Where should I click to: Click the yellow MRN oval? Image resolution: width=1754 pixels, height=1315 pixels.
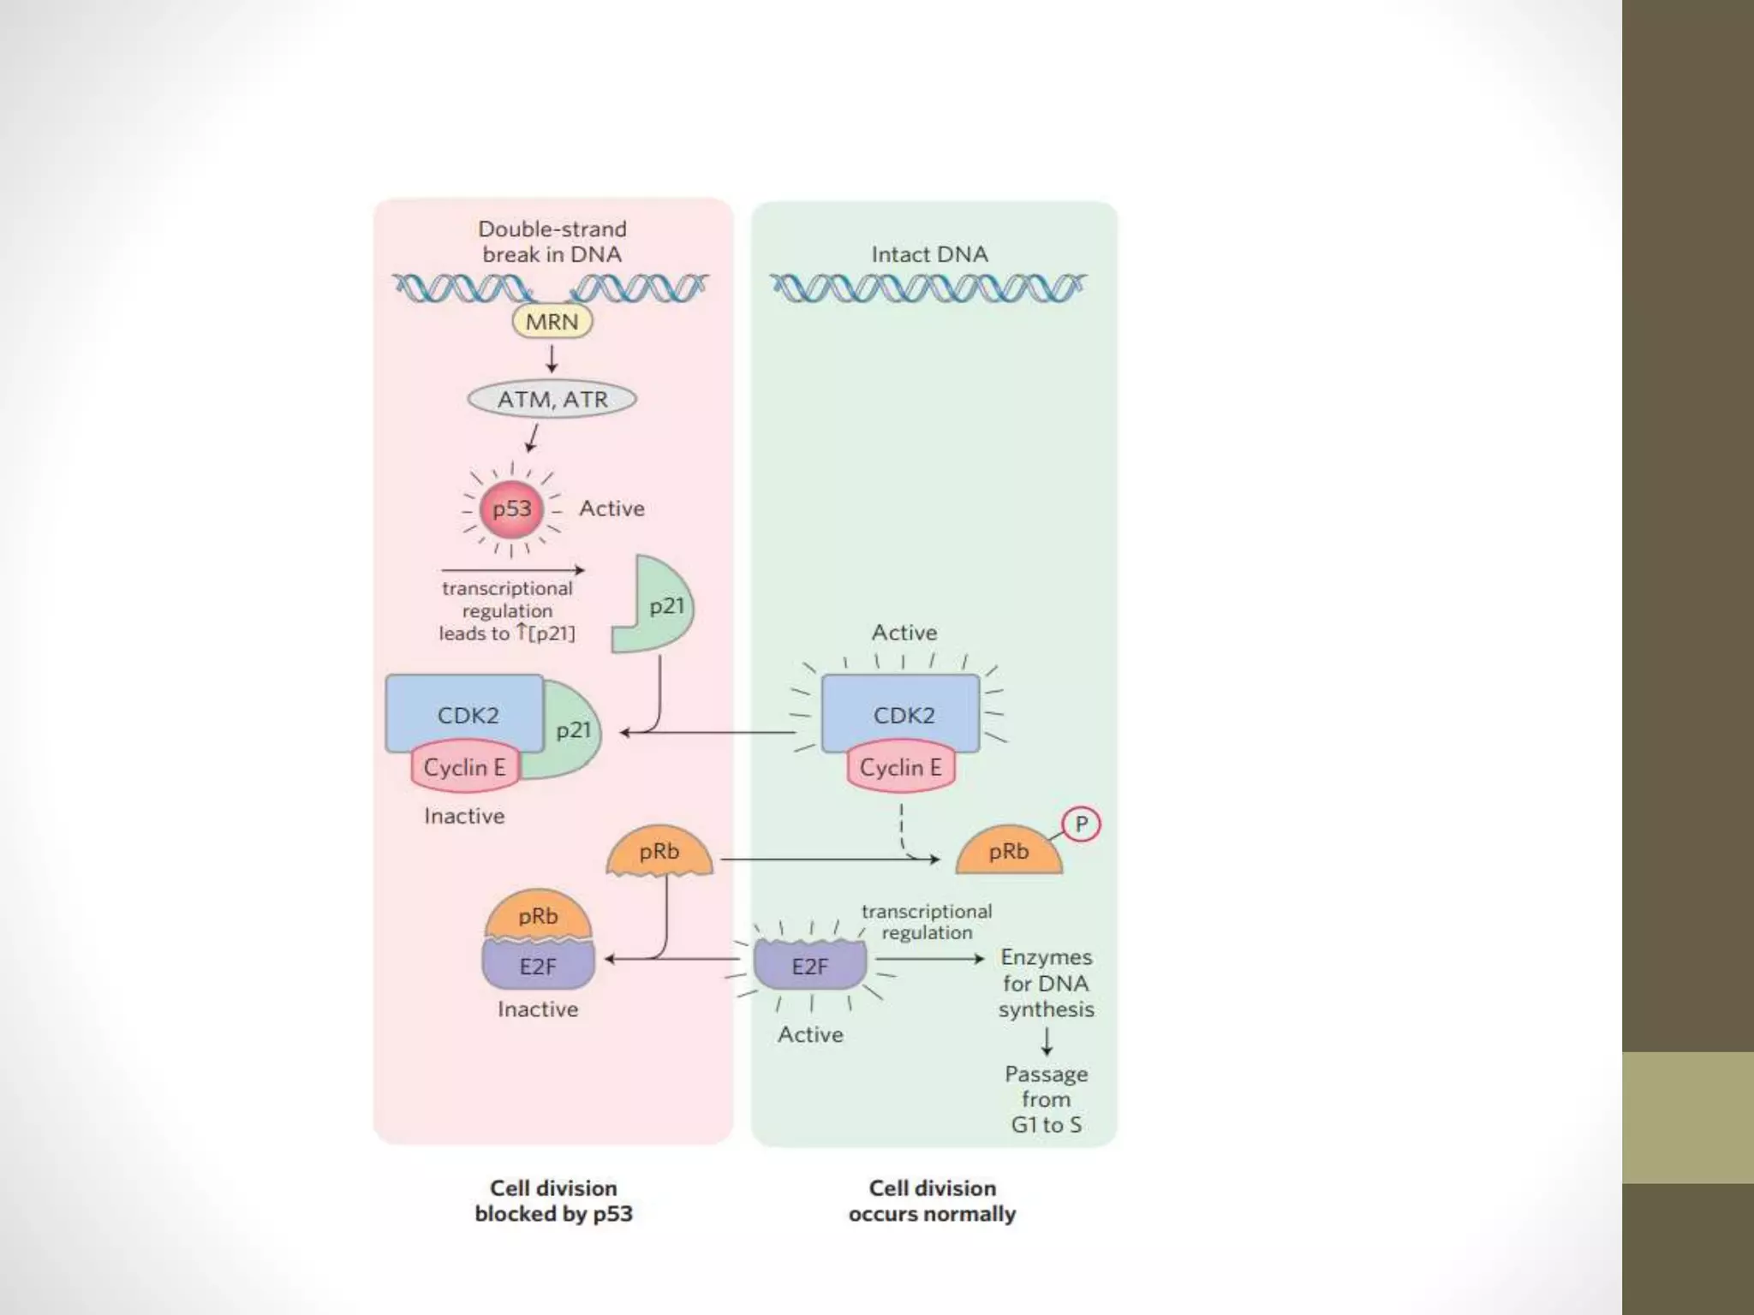point(552,322)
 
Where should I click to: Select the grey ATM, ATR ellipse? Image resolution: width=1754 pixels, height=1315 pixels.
point(552,399)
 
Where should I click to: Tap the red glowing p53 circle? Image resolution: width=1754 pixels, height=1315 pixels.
point(511,509)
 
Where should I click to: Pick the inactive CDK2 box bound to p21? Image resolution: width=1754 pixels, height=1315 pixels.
point(463,714)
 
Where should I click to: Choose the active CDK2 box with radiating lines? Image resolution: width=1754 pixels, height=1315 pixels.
point(900,714)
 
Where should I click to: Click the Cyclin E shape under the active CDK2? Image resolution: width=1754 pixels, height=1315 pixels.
point(900,767)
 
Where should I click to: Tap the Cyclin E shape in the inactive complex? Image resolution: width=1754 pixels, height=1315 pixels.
point(464,767)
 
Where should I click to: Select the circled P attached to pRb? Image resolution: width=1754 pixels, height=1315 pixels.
point(1081,824)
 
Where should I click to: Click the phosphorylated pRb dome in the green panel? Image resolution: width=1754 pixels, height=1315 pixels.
point(1008,853)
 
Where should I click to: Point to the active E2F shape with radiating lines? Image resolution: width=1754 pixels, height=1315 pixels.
point(809,966)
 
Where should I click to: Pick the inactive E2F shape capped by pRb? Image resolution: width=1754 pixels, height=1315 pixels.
point(538,966)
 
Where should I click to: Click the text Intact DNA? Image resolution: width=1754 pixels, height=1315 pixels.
point(929,254)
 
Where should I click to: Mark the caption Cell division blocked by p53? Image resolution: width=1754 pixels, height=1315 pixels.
point(553,1200)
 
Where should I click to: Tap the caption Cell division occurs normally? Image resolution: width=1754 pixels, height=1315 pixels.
point(932,1200)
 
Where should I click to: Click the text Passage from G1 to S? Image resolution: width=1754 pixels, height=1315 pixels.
point(1046,1099)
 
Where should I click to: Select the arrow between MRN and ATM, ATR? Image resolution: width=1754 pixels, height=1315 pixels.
point(552,358)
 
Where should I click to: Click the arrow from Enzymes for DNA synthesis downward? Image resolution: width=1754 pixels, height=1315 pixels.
point(1047,1041)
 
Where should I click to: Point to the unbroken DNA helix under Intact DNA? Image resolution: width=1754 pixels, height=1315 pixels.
point(928,289)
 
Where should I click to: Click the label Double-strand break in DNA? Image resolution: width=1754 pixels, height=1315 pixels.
point(552,241)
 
